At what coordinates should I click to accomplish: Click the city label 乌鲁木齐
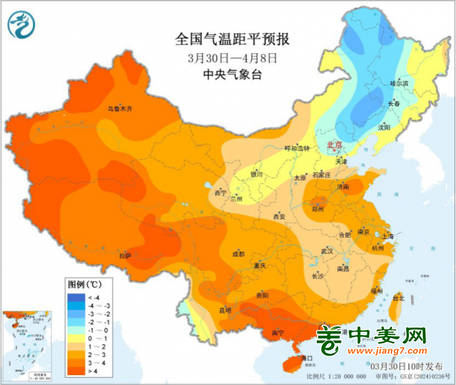pyautogui.click(x=119, y=109)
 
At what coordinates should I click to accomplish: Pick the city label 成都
pyautogui.click(x=237, y=254)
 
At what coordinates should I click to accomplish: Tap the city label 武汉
pyautogui.click(x=326, y=250)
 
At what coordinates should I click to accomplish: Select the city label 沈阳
pyautogui.click(x=403, y=128)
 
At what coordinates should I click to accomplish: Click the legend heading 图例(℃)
pyautogui.click(x=85, y=285)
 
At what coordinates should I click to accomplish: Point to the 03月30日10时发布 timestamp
pyautogui.click(x=408, y=366)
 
